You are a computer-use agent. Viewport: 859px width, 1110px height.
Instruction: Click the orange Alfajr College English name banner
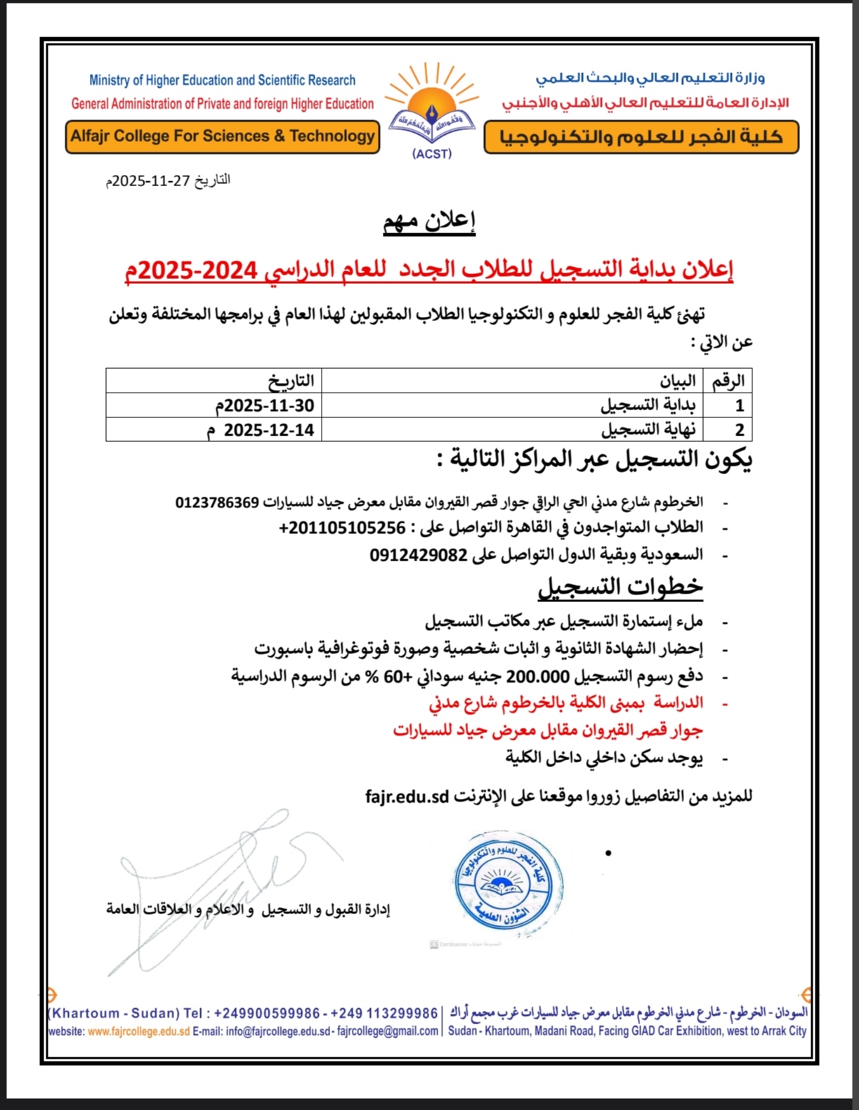[x=223, y=136]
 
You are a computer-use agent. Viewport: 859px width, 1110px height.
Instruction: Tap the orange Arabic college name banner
[x=641, y=137]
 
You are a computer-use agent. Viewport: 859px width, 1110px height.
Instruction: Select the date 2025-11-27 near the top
[x=152, y=181]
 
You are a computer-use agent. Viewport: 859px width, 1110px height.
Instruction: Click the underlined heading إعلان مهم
[x=429, y=221]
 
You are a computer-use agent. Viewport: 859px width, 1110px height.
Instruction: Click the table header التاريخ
[x=290, y=381]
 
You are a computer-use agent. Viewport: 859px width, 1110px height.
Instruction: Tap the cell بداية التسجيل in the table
[x=648, y=405]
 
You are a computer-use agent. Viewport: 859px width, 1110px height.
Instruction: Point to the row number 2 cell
[x=739, y=430]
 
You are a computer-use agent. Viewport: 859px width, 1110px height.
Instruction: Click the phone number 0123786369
[x=217, y=502]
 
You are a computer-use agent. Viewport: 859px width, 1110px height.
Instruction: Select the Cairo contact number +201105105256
[x=342, y=528]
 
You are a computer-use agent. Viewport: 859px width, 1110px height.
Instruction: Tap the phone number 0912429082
[x=419, y=555]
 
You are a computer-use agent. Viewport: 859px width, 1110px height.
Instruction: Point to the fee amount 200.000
[x=539, y=677]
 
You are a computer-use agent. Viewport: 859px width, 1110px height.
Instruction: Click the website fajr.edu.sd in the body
[x=407, y=796]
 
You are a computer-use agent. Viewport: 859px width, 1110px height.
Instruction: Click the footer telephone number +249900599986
[x=267, y=1013]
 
